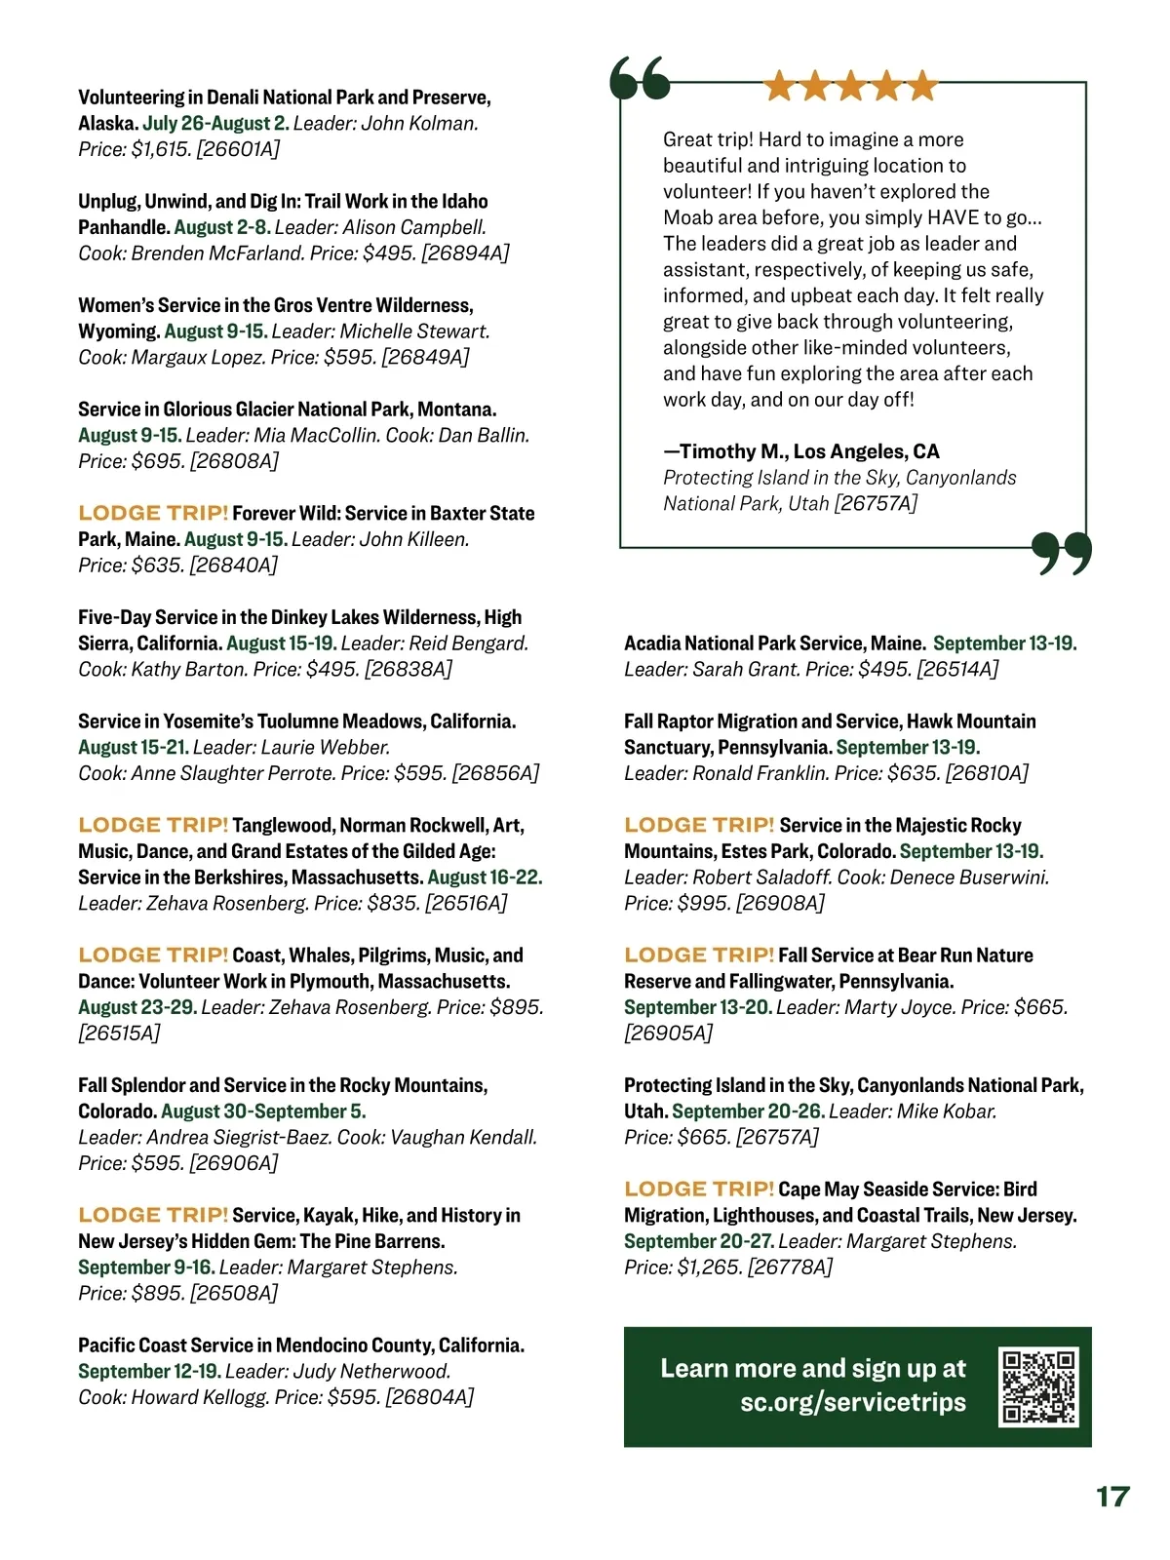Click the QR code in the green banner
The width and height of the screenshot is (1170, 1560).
(1039, 1386)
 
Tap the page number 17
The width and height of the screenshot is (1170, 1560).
(1112, 1497)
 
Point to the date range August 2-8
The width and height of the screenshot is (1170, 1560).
(222, 227)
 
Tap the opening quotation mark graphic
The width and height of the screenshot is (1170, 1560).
(640, 79)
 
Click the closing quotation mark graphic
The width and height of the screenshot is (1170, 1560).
(1062, 553)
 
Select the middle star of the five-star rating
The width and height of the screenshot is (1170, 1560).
(850, 87)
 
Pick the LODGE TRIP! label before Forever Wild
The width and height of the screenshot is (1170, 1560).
(153, 513)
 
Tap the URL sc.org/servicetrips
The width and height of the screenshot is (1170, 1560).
(853, 1402)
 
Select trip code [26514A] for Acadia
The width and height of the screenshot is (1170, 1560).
(958, 669)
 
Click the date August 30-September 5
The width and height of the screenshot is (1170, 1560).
(263, 1111)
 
